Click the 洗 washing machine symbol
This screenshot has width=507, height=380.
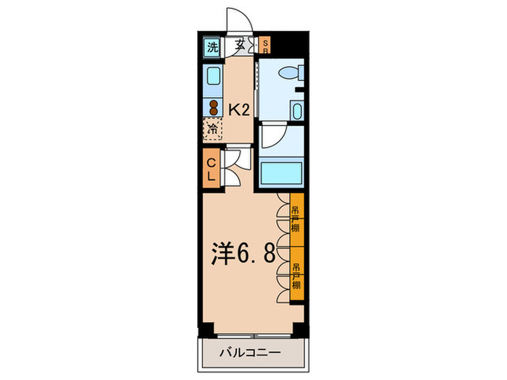click(x=212, y=48)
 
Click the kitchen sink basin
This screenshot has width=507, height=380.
click(x=214, y=77)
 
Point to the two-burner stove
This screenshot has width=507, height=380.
click(x=214, y=106)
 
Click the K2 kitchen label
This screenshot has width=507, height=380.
click(x=240, y=110)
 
